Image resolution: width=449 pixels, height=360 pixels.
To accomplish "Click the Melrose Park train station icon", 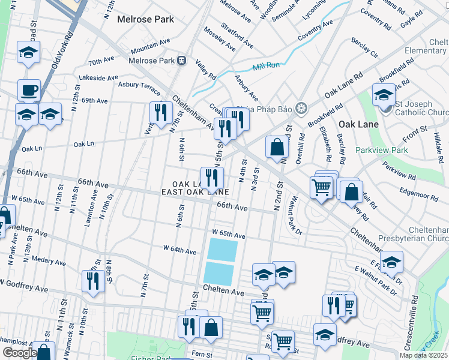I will [181, 61].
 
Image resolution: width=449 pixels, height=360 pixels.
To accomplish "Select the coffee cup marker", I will [28, 91].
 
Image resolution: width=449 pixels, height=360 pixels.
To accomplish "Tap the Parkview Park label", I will [381, 150].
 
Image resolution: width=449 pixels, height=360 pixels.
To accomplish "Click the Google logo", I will [19, 353].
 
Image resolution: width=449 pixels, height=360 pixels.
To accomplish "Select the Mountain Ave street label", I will [150, 46].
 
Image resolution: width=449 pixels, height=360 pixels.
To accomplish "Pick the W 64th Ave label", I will [179, 250].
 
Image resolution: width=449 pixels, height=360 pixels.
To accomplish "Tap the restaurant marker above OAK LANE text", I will [211, 178].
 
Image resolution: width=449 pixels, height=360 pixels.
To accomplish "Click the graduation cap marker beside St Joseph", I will [384, 95].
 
